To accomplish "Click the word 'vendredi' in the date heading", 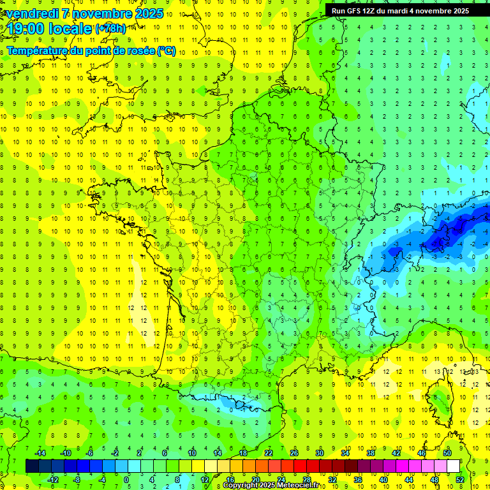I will (32, 13).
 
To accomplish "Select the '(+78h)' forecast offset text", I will (111, 29).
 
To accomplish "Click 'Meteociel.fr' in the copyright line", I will (296, 486).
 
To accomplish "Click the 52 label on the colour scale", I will (460, 480).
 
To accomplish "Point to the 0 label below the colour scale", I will (126, 480).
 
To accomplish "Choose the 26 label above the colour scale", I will (294, 453).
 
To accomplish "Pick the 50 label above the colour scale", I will (447, 453).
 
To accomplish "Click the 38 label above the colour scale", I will (371, 453).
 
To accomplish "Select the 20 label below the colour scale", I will (255, 480).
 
